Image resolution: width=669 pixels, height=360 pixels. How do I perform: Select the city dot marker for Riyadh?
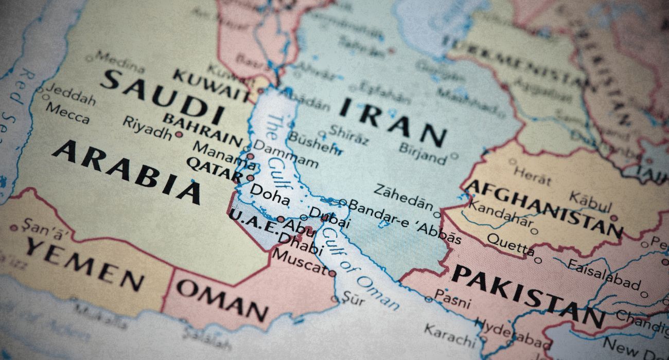pyautogui.click(x=179, y=135)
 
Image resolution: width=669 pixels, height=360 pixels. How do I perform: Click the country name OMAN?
pyautogui.click(x=222, y=301)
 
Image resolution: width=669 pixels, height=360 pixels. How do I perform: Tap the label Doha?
pyautogui.click(x=269, y=195)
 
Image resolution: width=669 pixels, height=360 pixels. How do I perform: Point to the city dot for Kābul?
pyautogui.click(x=613, y=218)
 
